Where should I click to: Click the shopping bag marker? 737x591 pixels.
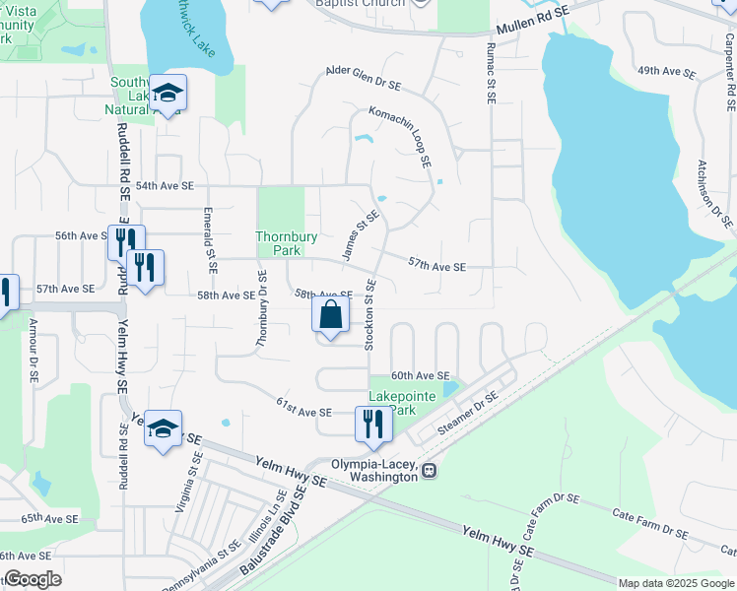point(332,315)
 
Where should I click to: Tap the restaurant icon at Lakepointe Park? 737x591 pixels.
point(373,423)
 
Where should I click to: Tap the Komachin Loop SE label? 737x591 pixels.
point(402,136)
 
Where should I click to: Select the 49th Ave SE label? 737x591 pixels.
point(661,72)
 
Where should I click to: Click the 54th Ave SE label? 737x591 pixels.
point(166,185)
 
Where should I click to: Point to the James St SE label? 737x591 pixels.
point(360,235)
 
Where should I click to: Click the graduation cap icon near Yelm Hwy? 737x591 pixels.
point(164,427)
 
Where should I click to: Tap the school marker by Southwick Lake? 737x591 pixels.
point(169,93)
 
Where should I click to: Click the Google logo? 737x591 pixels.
point(32,579)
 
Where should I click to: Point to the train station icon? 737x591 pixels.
point(429,470)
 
